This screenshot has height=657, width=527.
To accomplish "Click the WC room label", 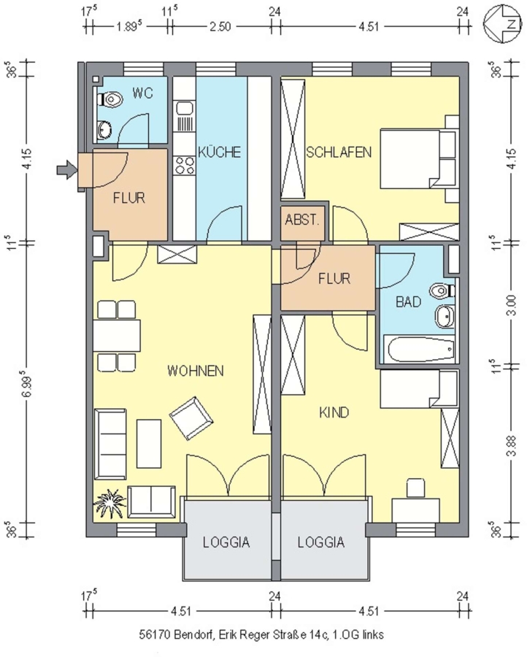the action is pos(142,93).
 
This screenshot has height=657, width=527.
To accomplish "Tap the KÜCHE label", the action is pos(219,152).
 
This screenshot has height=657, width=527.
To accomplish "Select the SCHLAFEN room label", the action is pos(339,152).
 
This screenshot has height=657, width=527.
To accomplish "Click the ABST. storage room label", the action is pos(302,220).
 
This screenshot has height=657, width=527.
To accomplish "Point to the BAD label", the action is pos(408,301).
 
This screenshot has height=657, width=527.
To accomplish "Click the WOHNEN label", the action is pos(195,371).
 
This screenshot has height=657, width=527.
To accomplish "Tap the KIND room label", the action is pos(334,412).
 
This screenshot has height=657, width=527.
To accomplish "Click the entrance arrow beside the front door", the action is pos(66,169).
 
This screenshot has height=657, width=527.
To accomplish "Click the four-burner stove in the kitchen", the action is pos(185,165).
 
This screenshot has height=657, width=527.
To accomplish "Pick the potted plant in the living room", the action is pos(109,502).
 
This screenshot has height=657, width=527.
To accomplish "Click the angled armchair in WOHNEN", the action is pos(191,418).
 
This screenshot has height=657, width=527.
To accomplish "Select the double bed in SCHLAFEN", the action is pos(418,159).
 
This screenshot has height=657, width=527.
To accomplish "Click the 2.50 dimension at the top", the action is pos(220,27).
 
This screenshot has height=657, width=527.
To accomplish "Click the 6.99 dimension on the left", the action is pos(27,384).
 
